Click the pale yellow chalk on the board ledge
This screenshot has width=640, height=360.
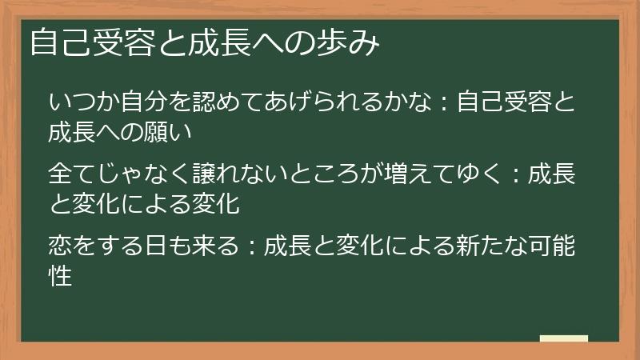tap(563, 338)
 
